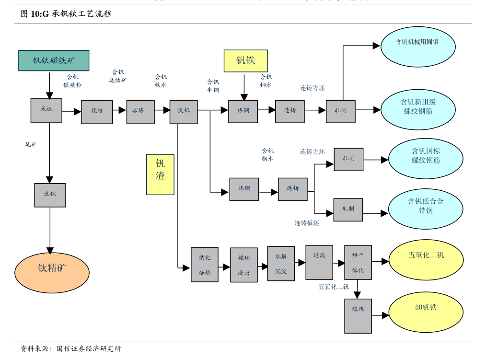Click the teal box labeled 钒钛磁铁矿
[54, 60]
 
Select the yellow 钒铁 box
[245, 61]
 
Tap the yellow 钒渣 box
[160, 174]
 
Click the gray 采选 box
[46, 110]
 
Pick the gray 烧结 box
[97, 112]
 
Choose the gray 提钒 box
[184, 112]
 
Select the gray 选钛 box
[50, 195]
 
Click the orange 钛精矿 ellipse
[52, 273]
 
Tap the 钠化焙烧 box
[205, 265]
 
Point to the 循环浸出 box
[244, 265]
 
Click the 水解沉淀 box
[281, 264]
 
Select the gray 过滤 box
[319, 262]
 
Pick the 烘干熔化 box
[358, 262]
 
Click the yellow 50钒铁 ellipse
[426, 312]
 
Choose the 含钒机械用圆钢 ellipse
[418, 46]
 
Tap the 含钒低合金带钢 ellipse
[426, 209]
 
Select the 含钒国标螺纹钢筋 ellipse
[426, 158]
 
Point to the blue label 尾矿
[31, 144]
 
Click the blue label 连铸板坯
[307, 223]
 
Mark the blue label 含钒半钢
[213, 86]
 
